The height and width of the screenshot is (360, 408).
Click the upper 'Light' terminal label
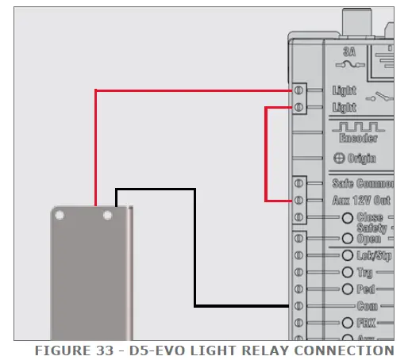click(x=344, y=90)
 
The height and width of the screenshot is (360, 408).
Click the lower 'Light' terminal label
click(x=344, y=107)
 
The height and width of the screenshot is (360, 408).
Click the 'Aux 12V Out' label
click(x=362, y=201)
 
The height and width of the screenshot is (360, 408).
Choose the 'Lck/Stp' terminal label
click(x=374, y=255)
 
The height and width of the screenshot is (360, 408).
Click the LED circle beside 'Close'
click(x=347, y=218)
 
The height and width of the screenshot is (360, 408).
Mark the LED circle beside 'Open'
click(x=347, y=238)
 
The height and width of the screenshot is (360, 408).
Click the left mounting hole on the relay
click(x=60, y=215)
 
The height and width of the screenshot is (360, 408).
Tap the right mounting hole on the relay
click(x=108, y=215)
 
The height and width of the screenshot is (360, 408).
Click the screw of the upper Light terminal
click(x=298, y=90)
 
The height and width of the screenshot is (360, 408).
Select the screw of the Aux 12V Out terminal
click(x=298, y=201)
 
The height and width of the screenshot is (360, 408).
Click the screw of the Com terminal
click(x=298, y=306)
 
